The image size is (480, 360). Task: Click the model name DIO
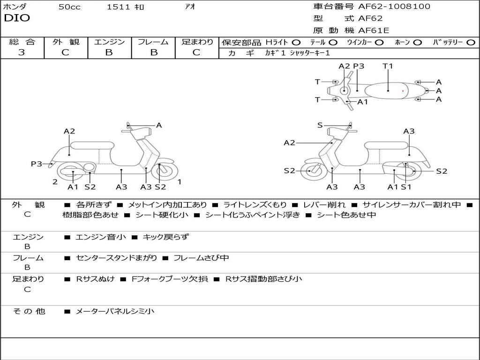coord(17,18)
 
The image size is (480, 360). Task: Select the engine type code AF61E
coord(374,31)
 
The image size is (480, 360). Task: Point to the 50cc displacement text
coord(69,7)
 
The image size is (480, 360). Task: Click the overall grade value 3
coord(22,52)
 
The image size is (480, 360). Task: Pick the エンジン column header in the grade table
coord(109,42)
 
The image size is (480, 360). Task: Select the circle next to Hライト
coord(296,43)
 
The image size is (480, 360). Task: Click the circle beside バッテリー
coord(471,43)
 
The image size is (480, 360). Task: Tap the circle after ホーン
coord(417,43)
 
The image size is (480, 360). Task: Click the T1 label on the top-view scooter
coord(388,66)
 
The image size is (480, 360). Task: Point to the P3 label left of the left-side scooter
coord(37,164)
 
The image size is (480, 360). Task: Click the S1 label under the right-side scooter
coord(406,187)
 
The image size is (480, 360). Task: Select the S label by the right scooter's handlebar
coord(320,125)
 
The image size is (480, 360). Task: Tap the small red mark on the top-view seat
coord(403,90)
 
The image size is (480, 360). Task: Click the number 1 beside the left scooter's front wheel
coord(179,182)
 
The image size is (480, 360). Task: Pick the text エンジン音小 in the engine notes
coord(101,237)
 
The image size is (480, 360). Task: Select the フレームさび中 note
coord(201,258)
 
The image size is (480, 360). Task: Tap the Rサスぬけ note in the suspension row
coord(95,279)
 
